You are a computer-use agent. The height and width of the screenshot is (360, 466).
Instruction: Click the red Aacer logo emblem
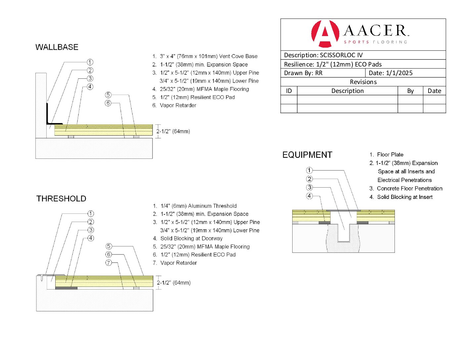pyautogui.click(x=325, y=33)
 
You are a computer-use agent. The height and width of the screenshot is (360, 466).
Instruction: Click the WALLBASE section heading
pyautogui.click(x=57, y=47)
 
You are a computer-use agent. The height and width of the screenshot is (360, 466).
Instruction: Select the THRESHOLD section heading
pyautogui.click(x=61, y=199)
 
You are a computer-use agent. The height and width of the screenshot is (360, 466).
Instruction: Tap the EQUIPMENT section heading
pyautogui.click(x=307, y=155)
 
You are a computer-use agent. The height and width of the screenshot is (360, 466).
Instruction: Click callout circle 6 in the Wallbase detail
pyautogui.click(x=108, y=103)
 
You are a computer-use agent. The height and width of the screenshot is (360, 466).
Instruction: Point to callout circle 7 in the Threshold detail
pyautogui.click(x=109, y=263)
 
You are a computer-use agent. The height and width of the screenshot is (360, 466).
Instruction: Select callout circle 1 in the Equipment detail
pyautogui.click(x=309, y=170)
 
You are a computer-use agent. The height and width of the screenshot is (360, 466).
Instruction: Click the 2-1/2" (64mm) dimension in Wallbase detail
pyautogui.click(x=173, y=131)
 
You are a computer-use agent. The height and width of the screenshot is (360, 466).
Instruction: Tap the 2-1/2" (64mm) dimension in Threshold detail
pyautogui.click(x=174, y=283)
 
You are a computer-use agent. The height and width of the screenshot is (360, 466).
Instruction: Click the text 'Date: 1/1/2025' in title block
pyautogui.click(x=391, y=73)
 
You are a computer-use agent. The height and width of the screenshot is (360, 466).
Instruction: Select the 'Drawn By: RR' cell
pyautogui.click(x=303, y=73)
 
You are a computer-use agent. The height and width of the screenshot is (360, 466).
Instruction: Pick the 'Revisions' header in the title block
pyautogui.click(x=363, y=82)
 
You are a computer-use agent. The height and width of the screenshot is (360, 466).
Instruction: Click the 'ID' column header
pyautogui.click(x=289, y=91)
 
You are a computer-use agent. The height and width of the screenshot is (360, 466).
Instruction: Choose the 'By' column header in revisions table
pyautogui.click(x=410, y=91)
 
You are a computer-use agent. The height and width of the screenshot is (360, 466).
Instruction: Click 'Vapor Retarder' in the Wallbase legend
pyautogui.click(x=178, y=105)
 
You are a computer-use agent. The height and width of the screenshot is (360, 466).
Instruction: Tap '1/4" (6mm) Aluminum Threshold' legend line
pyautogui.click(x=199, y=206)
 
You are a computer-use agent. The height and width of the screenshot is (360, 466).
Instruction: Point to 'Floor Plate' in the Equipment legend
pyautogui.click(x=390, y=155)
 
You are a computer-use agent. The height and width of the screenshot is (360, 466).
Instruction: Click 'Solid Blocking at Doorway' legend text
pyautogui.click(x=191, y=238)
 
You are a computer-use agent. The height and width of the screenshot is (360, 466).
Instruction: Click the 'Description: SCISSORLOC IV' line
pyautogui.click(x=323, y=55)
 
